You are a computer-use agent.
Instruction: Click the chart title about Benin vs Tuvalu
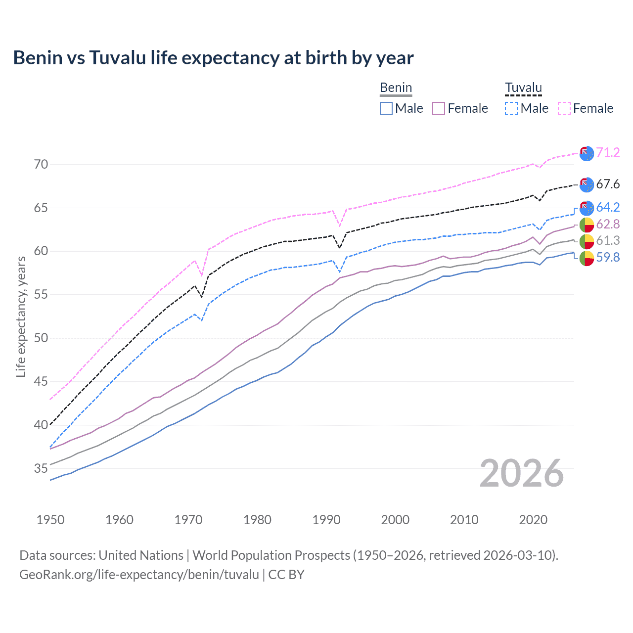coord(213,58)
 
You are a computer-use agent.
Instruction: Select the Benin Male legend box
coord(386,108)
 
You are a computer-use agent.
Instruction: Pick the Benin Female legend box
coord(439,108)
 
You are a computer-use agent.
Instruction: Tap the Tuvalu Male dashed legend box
coord(511,108)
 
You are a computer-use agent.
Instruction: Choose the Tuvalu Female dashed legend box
coord(564,108)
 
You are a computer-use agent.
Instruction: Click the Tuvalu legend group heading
coord(523,88)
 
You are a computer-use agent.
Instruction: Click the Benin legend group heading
coord(396,88)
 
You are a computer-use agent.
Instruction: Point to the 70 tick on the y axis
coord(41,164)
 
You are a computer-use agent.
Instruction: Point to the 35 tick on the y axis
coord(41,468)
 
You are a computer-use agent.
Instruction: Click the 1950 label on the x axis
coord(50,520)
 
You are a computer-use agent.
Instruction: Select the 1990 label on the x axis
coord(326,520)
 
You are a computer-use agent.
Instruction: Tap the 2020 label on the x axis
coord(533,520)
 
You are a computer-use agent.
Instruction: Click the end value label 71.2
coord(608,152)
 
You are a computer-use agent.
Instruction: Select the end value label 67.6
coord(608,184)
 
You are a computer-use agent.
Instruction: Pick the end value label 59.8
coord(608,257)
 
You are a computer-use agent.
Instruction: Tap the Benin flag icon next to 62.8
coord(587,225)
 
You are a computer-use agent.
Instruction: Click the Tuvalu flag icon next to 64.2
coord(587,208)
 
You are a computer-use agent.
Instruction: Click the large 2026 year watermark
coord(522,473)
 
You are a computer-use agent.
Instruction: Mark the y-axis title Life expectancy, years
coord(21,316)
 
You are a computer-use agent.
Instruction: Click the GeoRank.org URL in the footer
coord(139,575)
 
